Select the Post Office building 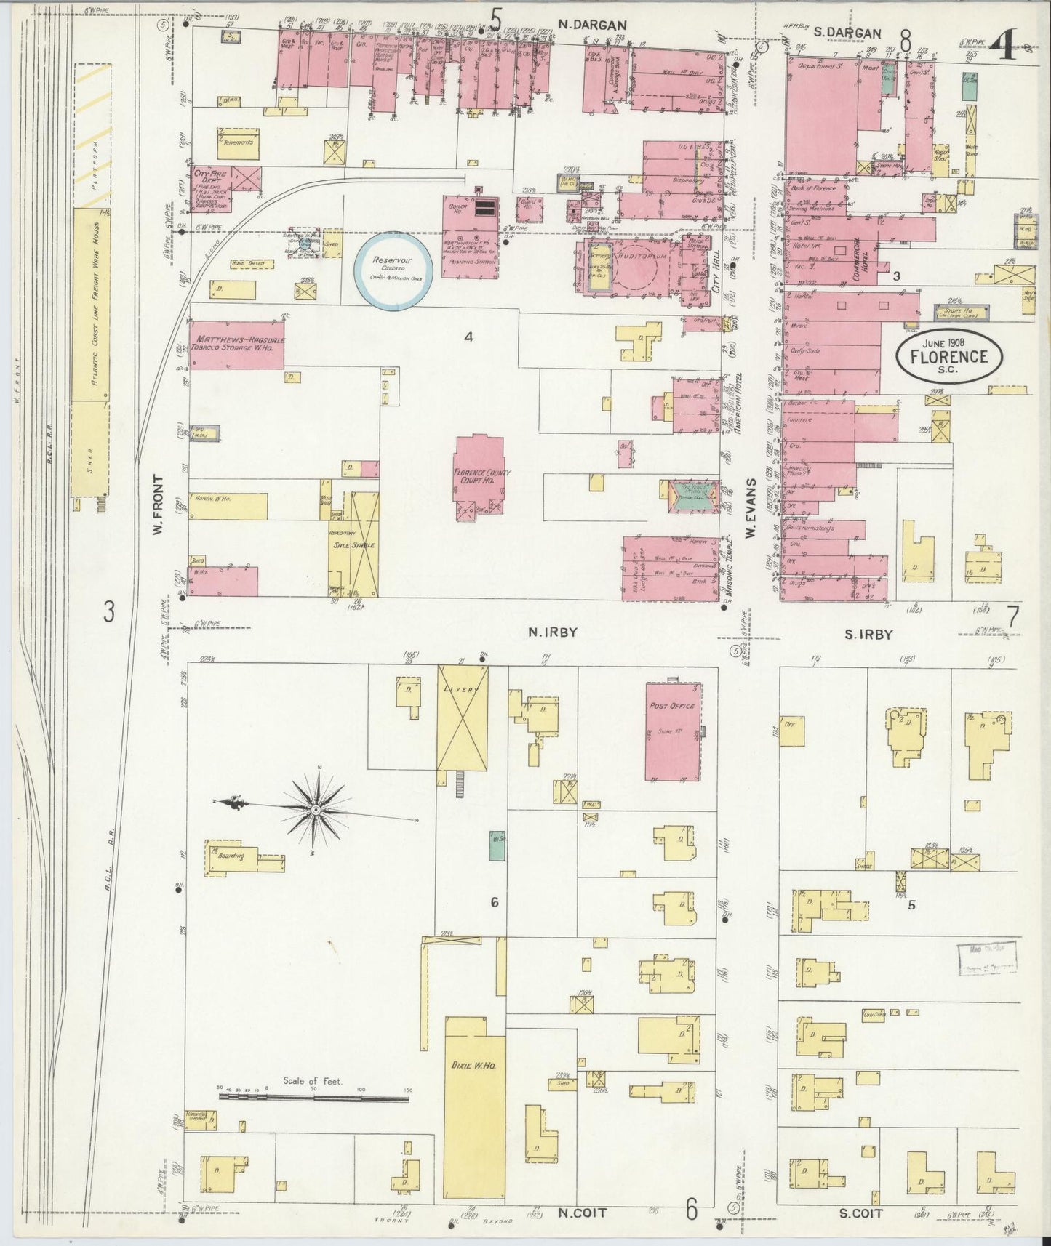click(x=672, y=731)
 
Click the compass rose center click(x=316, y=809)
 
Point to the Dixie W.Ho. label click(x=473, y=1065)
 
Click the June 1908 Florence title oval click(x=948, y=355)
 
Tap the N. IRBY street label click(x=553, y=632)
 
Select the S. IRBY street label click(x=868, y=635)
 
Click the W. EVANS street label click(x=750, y=509)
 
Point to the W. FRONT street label click(x=156, y=507)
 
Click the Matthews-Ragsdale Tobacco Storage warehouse click(x=236, y=344)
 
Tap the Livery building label click(x=462, y=689)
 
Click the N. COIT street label click(x=582, y=1213)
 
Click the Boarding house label click(x=231, y=856)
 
